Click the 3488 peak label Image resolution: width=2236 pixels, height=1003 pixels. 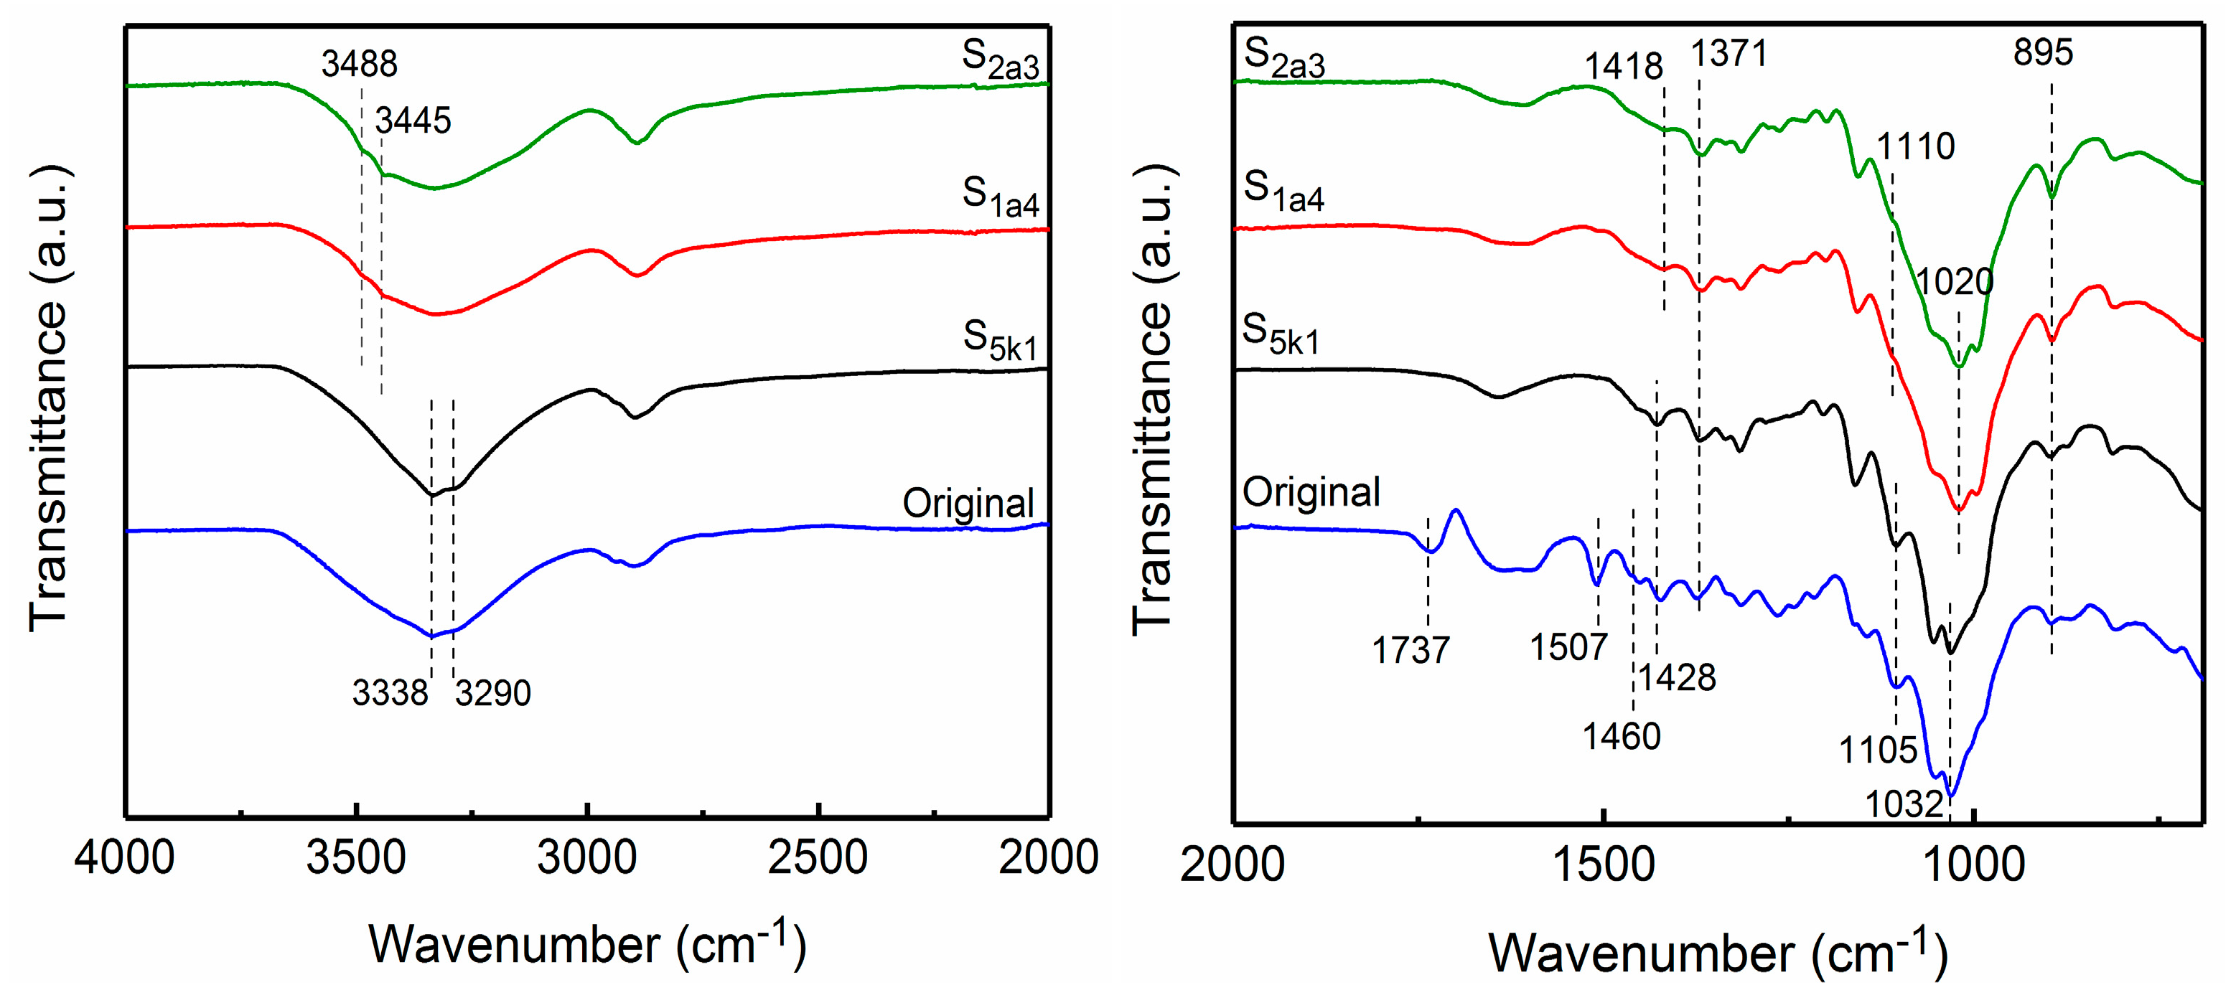coord(360,64)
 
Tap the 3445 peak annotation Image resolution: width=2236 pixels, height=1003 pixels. coord(413,121)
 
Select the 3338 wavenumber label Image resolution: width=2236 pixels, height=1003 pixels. coord(390,693)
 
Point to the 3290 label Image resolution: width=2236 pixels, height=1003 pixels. coord(493,693)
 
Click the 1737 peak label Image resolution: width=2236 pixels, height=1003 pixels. coord(1411,651)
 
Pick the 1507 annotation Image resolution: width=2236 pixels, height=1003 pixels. coord(1568,648)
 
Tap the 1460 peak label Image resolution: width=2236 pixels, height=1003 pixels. coord(1622,737)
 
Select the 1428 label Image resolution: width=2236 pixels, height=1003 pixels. coord(1677,677)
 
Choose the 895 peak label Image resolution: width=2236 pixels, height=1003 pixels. coord(2044,53)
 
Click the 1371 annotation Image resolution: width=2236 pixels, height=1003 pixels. coord(1729,54)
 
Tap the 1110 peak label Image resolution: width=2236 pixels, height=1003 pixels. coord(1916,146)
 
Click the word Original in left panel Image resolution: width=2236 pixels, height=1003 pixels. coord(968,503)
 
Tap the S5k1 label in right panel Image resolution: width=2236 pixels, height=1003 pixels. coord(1281,335)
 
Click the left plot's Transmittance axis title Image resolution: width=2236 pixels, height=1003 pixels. coord(50,399)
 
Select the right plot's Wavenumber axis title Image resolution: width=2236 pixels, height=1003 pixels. coord(1718,953)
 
